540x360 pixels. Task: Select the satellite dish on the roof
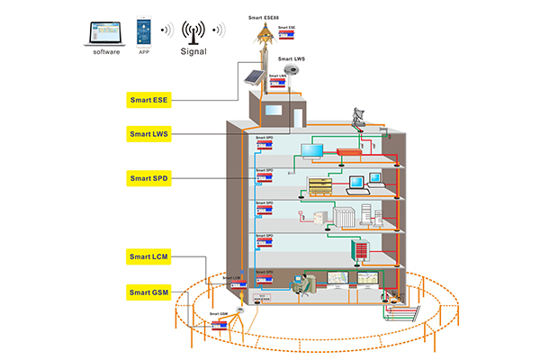[x=359, y=117]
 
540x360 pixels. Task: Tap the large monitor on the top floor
[x=319, y=149]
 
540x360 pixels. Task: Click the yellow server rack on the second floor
[x=320, y=186]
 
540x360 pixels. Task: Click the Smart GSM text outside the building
[x=218, y=314]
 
